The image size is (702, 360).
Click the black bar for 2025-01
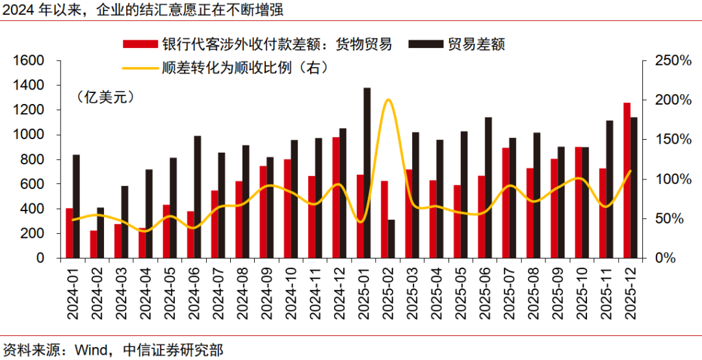point(367,173)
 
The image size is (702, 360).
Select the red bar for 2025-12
point(627,180)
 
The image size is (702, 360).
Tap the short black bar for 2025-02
point(391,238)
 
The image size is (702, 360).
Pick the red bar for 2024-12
point(335,198)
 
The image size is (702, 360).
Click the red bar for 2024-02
point(94,244)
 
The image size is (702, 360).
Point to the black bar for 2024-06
point(198,197)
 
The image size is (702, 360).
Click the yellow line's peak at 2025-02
point(388,100)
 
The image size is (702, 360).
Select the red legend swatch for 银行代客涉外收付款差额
point(140,44)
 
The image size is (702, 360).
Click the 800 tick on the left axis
point(34,159)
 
